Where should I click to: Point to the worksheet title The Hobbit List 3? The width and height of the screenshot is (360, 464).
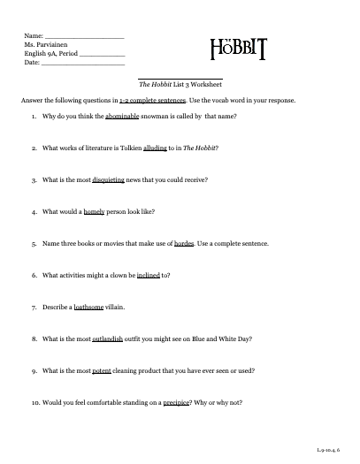tap(173, 86)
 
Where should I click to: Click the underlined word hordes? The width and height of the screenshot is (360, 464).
tap(184, 243)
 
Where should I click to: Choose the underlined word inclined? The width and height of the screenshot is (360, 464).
tap(148, 275)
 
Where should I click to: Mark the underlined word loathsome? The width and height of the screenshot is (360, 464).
tap(92, 307)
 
